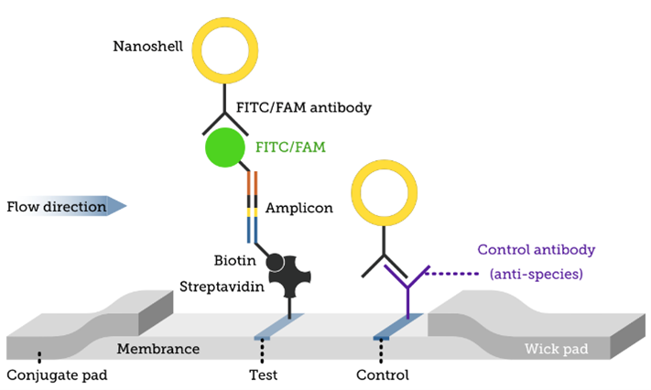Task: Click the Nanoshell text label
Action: coord(148,45)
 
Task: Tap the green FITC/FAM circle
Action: coord(225,147)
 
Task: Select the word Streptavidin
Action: coord(222,287)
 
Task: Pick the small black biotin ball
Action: coord(275,262)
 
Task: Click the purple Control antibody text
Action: coord(537,249)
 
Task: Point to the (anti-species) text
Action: coord(537,274)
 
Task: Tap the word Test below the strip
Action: coord(263,374)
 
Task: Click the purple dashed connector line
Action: coord(454,273)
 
